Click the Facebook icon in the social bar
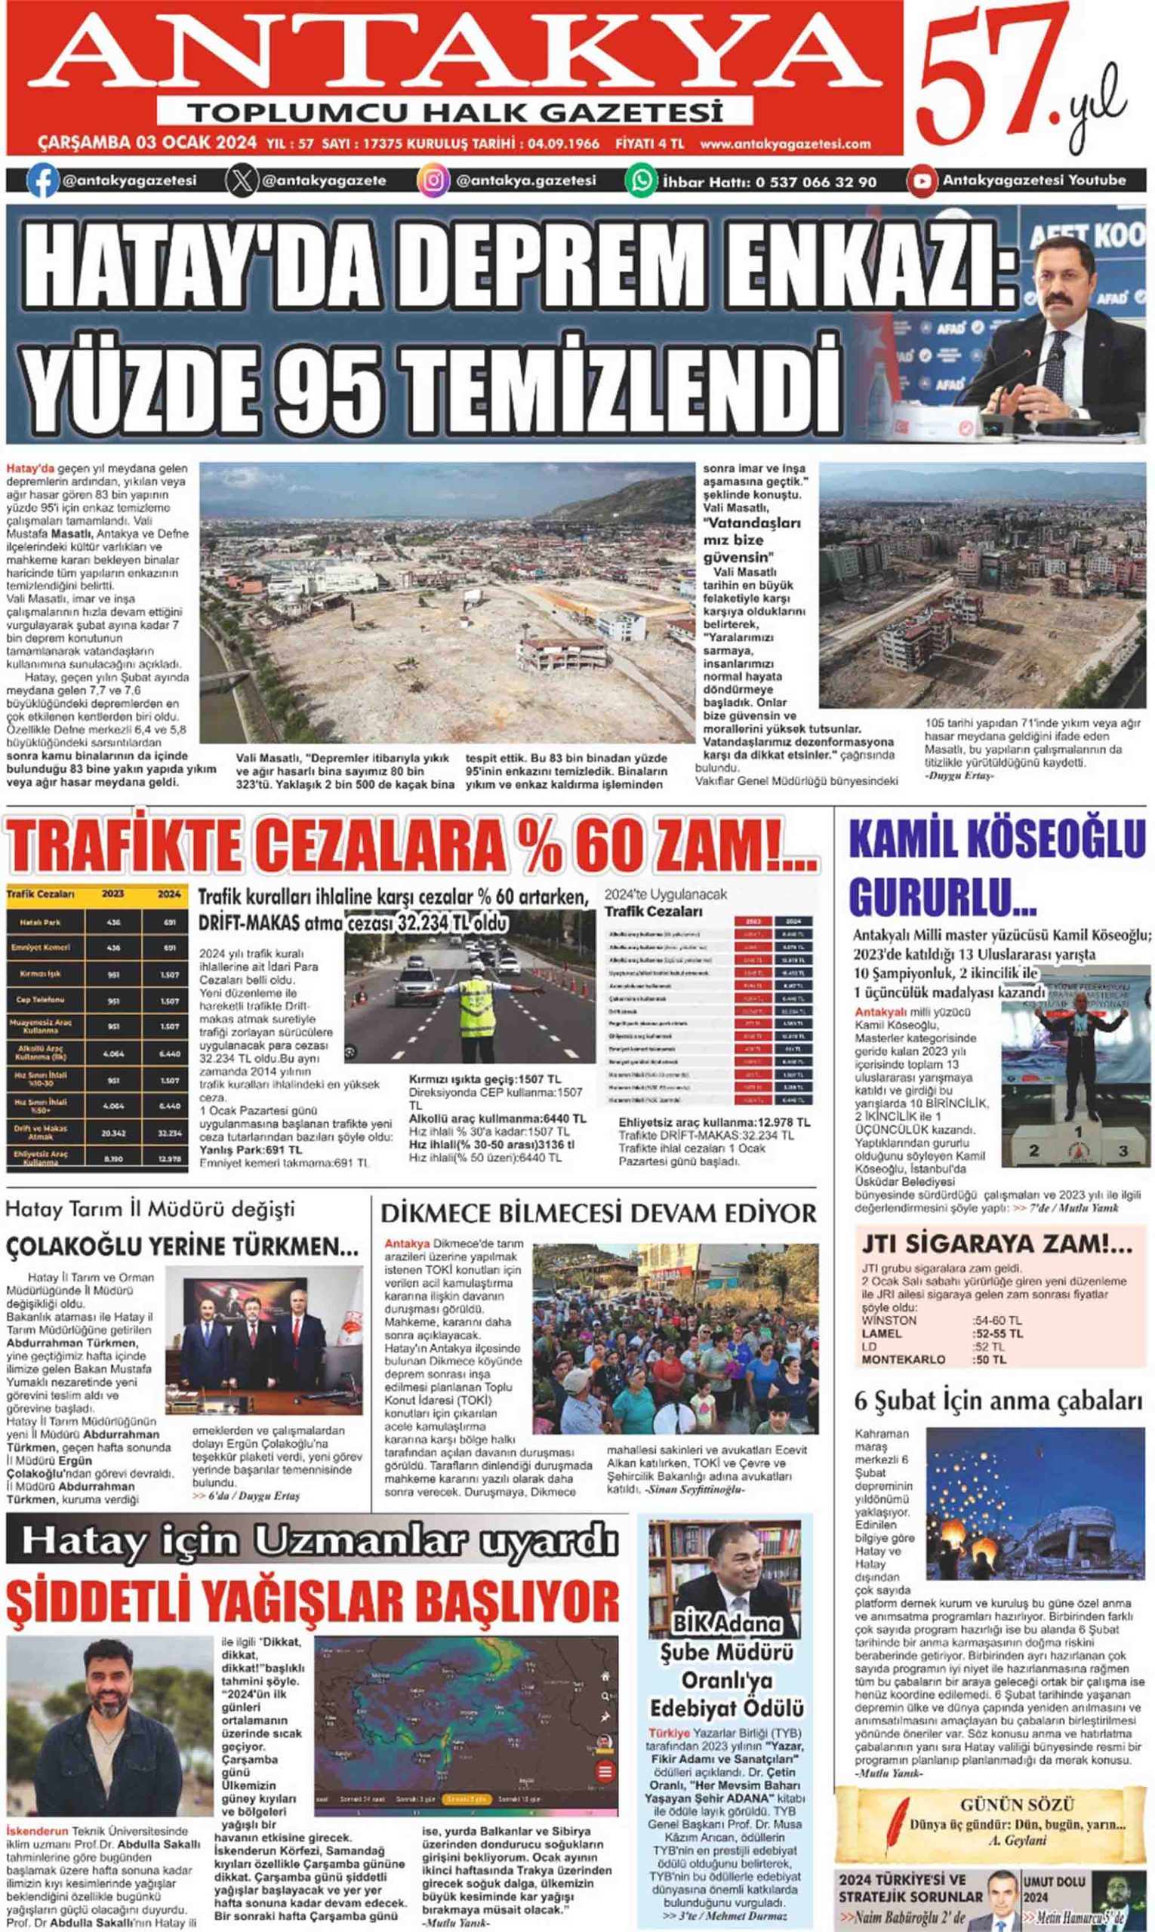[x=43, y=180]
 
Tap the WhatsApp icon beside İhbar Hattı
[x=642, y=180]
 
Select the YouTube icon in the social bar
[x=922, y=180]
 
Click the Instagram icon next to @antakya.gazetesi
[x=433, y=180]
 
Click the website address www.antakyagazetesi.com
[x=784, y=144]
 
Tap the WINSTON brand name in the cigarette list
[x=889, y=1321]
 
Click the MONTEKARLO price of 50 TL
[x=988, y=1359]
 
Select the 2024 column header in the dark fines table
[x=169, y=894]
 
